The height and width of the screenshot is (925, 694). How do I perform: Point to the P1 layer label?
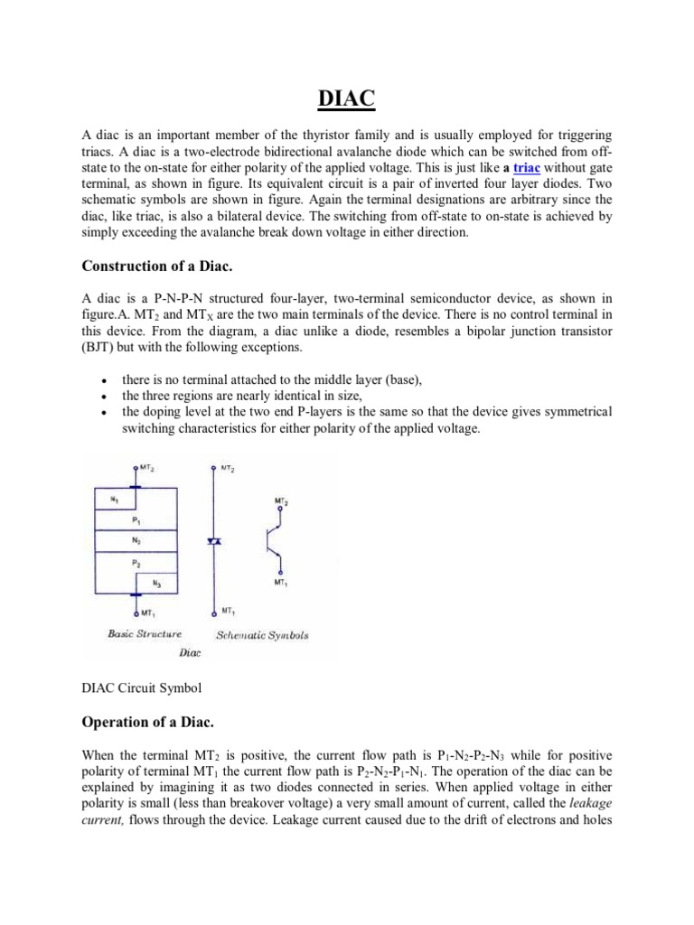136,521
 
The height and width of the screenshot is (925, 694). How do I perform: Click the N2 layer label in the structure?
136,539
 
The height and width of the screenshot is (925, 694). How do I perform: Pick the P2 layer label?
136,563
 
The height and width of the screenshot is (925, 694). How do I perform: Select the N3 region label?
157,584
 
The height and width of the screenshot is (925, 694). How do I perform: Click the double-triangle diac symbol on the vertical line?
214,540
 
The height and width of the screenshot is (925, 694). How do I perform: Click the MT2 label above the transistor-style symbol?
281,500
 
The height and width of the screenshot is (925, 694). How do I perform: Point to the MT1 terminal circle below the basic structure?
136,612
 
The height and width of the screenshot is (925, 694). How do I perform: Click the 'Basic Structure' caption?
145,634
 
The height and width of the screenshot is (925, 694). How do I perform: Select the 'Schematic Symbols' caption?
262,635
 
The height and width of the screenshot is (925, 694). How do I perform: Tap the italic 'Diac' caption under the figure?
190,651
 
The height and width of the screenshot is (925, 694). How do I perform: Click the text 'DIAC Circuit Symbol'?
141,687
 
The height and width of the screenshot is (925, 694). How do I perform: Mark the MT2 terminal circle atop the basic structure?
136,468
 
